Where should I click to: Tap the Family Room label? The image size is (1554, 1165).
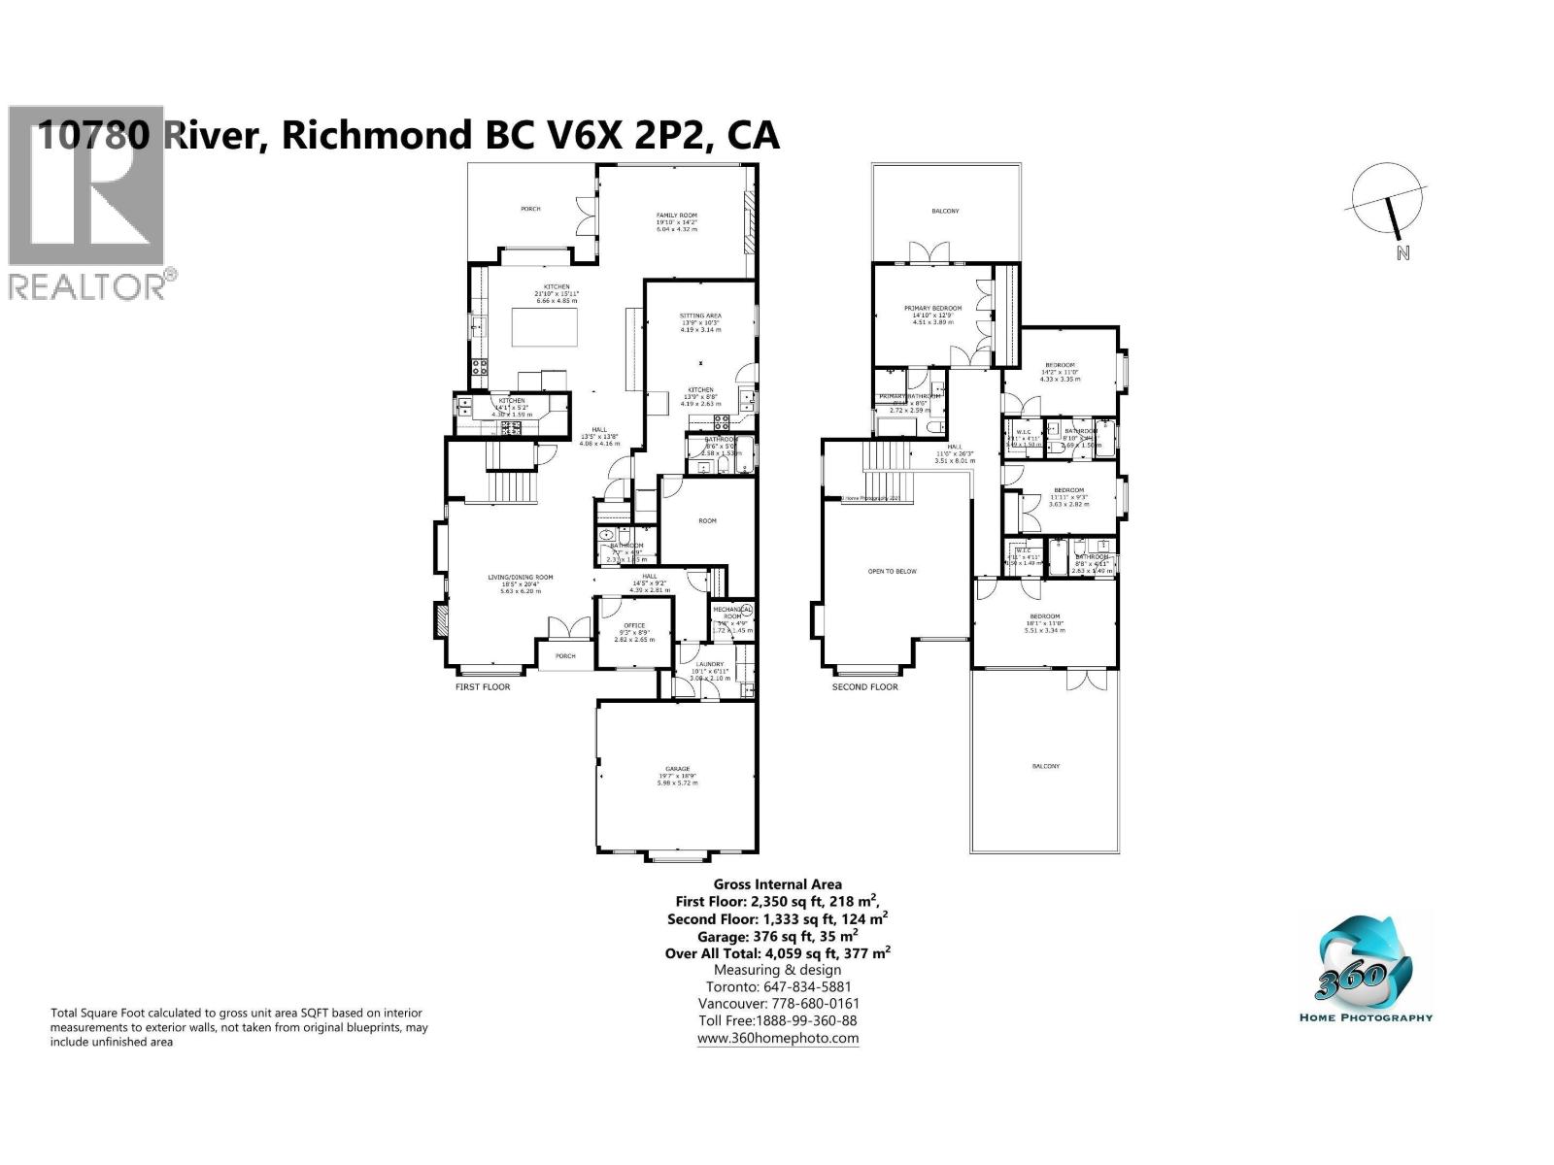pyautogui.click(x=677, y=216)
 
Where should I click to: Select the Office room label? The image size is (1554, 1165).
pyautogui.click(x=634, y=625)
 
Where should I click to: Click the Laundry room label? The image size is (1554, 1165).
pyautogui.click(x=708, y=665)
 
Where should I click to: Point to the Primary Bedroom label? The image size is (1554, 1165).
pyautogui.click(x=932, y=308)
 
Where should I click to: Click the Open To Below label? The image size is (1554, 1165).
pyautogui.click(x=892, y=571)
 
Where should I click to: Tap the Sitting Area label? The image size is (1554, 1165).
pyautogui.click(x=699, y=316)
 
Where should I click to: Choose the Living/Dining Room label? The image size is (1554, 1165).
pyautogui.click(x=520, y=577)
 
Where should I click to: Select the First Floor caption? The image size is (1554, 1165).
pyautogui.click(x=483, y=686)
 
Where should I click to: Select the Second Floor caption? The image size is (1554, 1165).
pyautogui.click(x=864, y=686)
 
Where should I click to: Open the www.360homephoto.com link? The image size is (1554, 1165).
pyautogui.click(x=777, y=1038)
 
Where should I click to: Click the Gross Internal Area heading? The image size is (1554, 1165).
pyautogui.click(x=777, y=884)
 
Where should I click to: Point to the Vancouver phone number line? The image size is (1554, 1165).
pyautogui.click(x=777, y=1004)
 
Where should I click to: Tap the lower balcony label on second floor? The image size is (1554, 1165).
pyautogui.click(x=1045, y=766)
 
